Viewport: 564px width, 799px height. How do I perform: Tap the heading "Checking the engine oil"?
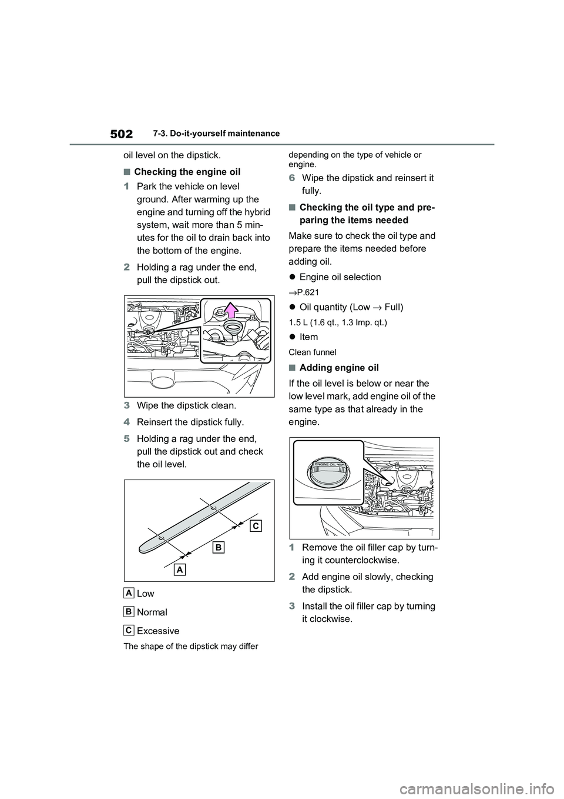pos(187,172)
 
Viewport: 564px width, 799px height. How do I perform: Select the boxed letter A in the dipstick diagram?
pos(180,570)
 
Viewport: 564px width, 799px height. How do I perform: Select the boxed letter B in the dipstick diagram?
pos(218,548)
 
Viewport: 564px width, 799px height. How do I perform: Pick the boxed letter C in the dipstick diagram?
pos(255,525)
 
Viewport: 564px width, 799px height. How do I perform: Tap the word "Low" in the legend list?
pos(145,593)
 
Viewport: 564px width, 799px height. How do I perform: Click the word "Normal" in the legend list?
pos(152,612)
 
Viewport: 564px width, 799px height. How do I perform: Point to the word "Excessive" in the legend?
pos(157,631)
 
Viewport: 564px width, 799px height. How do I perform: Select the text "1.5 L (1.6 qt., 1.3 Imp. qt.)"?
pos(338,322)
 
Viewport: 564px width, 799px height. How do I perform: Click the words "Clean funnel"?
pos(313,352)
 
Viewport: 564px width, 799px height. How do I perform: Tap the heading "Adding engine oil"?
pos(339,368)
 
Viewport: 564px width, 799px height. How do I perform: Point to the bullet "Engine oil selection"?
pos(340,277)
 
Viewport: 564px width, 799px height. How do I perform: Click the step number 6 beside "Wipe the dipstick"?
pos(292,178)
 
